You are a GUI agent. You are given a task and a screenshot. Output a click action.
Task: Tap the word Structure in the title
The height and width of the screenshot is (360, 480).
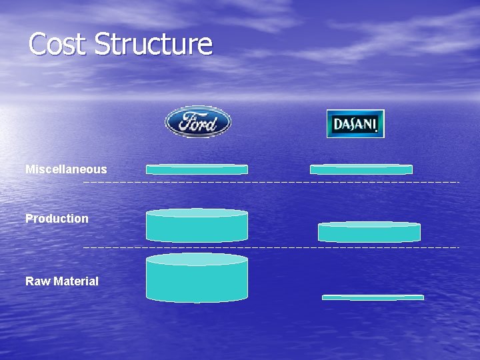click(x=153, y=45)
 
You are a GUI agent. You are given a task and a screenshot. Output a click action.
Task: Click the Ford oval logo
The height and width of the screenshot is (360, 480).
click(x=197, y=122)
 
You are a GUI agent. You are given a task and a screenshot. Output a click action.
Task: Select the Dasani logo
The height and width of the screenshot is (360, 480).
click(x=355, y=123)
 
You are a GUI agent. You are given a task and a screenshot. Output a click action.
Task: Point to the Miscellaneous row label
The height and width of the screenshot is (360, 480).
click(x=66, y=169)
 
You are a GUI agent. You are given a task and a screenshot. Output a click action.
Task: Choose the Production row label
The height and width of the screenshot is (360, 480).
click(x=57, y=219)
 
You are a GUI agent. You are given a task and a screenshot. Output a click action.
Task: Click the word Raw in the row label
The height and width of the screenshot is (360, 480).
click(x=37, y=281)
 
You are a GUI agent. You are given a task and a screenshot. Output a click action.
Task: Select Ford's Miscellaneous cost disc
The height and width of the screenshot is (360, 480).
click(x=197, y=169)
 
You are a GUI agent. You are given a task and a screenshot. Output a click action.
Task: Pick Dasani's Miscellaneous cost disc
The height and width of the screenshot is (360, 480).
click(x=361, y=169)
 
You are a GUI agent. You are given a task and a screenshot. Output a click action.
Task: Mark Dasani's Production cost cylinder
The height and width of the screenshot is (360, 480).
click(x=369, y=231)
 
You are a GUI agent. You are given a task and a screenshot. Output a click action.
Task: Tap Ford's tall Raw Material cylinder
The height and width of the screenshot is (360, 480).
click(x=197, y=281)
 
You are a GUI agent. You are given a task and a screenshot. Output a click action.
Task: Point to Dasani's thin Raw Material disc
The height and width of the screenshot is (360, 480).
click(x=373, y=297)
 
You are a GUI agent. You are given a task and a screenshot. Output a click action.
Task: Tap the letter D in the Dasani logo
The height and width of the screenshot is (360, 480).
click(x=337, y=124)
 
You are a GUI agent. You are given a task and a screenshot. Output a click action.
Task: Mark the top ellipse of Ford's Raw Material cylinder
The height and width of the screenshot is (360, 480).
click(x=197, y=259)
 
